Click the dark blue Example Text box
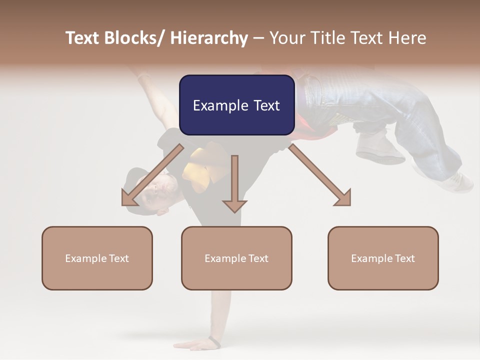coord(236,105)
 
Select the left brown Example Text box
coord(97,258)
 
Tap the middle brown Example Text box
coord(236,258)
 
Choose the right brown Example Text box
coord(383,258)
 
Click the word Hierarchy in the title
coord(209,38)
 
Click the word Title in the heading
coord(327,38)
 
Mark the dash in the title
coord(258,38)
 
